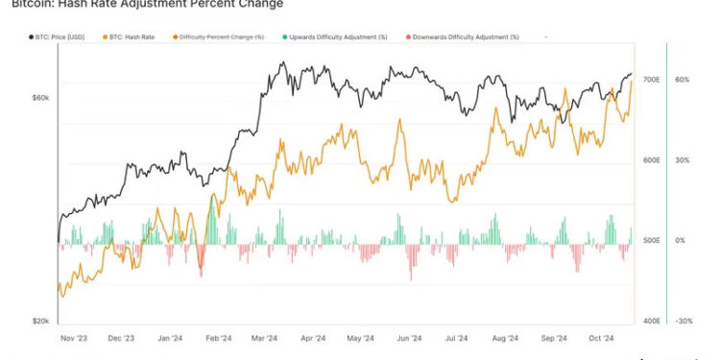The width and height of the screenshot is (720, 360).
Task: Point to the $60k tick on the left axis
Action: (x=40, y=98)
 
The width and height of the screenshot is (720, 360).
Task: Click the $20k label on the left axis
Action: (x=40, y=322)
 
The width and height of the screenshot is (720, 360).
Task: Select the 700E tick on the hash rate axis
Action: (x=651, y=80)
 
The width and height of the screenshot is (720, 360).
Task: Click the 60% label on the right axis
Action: (x=683, y=80)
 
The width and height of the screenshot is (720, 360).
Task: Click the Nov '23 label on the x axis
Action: (x=73, y=339)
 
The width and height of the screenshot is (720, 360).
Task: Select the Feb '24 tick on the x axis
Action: (x=218, y=339)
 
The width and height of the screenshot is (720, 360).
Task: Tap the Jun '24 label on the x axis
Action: (x=409, y=339)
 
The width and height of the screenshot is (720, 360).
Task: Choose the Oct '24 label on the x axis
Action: (x=600, y=339)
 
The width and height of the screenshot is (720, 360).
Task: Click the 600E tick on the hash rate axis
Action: (x=651, y=160)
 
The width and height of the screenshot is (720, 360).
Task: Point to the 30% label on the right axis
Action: (x=683, y=160)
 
